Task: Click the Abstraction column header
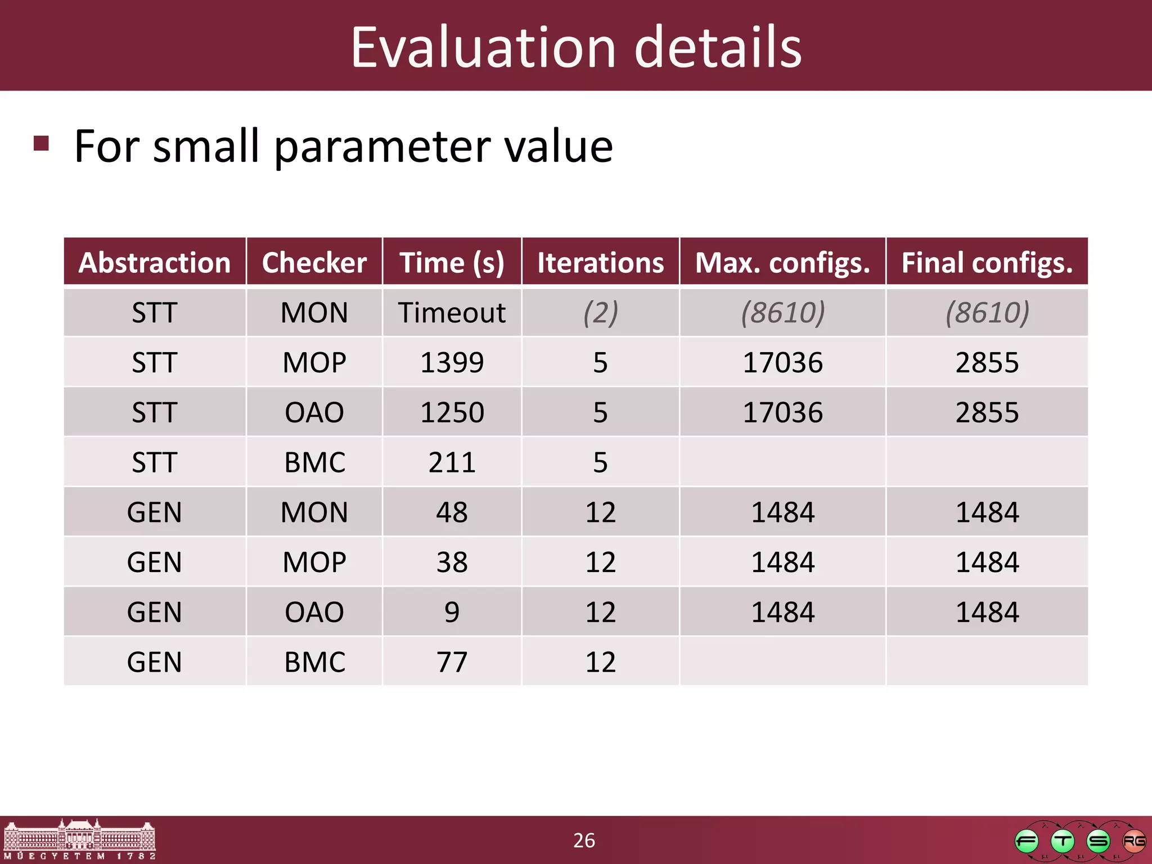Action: pyautogui.click(x=155, y=263)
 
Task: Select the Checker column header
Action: pyautogui.click(x=314, y=263)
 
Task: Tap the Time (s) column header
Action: pyautogui.click(x=452, y=263)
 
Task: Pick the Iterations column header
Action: pyautogui.click(x=600, y=263)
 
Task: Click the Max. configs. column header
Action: pyautogui.click(x=782, y=263)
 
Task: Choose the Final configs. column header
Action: pyautogui.click(x=987, y=263)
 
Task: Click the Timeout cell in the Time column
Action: pyautogui.click(x=452, y=313)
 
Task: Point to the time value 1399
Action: pyautogui.click(x=452, y=363)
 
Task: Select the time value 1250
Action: pyautogui.click(x=452, y=412)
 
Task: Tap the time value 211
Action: pyautogui.click(x=452, y=462)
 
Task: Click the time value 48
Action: pyautogui.click(x=452, y=512)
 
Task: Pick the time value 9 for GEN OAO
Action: pyautogui.click(x=452, y=612)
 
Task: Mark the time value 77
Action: pyautogui.click(x=452, y=662)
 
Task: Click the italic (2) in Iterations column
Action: pyautogui.click(x=600, y=313)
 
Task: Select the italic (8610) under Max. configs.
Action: pyautogui.click(x=782, y=313)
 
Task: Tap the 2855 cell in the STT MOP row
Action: pyautogui.click(x=987, y=363)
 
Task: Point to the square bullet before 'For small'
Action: pyautogui.click(x=41, y=143)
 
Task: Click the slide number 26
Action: pyautogui.click(x=584, y=840)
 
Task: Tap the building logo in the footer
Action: pyautogui.click(x=79, y=839)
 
